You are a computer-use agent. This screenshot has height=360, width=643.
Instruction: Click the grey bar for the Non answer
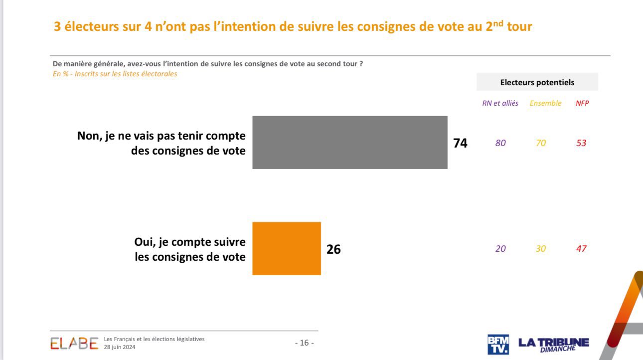click(349, 143)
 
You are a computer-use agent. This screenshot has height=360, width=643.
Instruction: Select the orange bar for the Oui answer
click(287, 248)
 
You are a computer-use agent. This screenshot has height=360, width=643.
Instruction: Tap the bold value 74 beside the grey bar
click(460, 143)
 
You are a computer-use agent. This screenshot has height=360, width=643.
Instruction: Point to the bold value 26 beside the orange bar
click(333, 249)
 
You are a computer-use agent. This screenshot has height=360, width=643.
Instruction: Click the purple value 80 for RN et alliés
click(500, 143)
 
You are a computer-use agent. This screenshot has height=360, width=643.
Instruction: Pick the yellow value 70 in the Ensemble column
click(541, 143)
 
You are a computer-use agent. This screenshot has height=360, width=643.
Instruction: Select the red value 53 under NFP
click(581, 143)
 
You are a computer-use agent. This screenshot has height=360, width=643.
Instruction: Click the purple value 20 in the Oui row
click(500, 249)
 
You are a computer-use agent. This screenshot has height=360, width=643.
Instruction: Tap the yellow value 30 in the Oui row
click(541, 249)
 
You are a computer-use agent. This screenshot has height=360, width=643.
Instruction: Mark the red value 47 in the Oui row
click(581, 249)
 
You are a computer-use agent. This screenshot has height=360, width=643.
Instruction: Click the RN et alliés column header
click(500, 103)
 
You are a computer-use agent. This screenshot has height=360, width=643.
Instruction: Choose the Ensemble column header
click(545, 103)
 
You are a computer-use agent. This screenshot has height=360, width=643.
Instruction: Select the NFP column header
click(582, 103)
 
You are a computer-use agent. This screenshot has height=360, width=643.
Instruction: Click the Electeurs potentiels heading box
click(537, 82)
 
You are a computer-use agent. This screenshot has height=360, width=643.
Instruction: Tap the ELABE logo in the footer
click(74, 343)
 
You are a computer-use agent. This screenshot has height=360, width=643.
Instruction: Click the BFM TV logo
click(498, 344)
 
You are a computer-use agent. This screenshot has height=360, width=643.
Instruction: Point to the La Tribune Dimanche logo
click(553, 344)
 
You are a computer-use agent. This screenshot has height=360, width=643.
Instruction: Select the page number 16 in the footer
click(304, 343)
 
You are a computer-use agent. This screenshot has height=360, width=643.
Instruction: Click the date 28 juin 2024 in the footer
click(120, 347)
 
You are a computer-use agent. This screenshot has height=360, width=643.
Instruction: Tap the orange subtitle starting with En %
click(115, 74)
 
